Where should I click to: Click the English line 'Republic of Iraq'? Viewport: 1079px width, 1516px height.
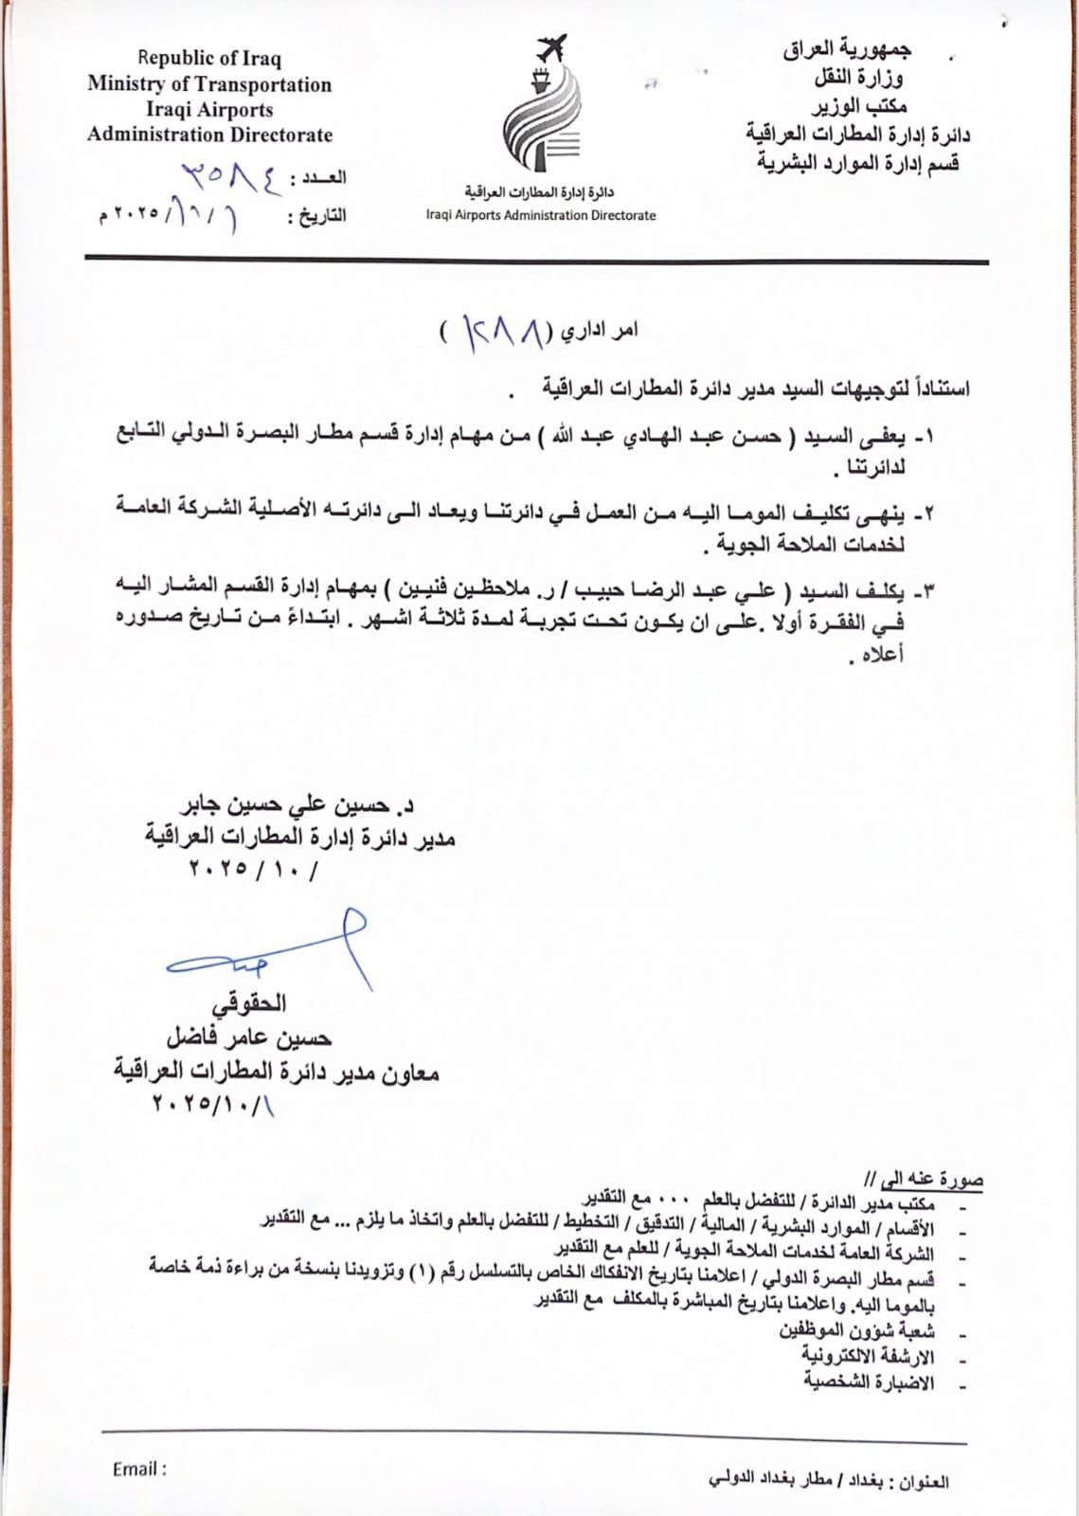click(209, 59)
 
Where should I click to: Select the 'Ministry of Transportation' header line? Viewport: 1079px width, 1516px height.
click(209, 84)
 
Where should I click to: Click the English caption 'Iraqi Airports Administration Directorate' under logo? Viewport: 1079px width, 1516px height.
click(540, 215)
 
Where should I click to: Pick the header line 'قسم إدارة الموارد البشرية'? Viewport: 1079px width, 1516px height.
click(857, 162)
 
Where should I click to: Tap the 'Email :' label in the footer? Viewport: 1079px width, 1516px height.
click(139, 1469)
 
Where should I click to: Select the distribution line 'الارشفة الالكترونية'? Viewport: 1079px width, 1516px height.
click(869, 1356)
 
